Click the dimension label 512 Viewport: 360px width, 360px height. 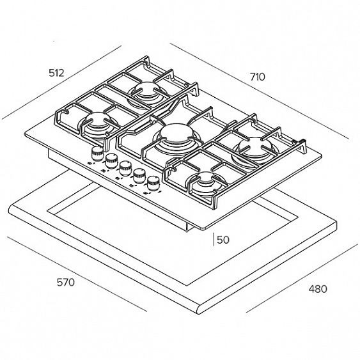56,73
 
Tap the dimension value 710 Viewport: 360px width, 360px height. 258,77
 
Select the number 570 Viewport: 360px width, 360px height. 66,282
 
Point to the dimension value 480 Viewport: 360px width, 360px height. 318,289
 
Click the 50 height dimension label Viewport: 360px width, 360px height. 223,240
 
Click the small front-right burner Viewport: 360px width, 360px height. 207,178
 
